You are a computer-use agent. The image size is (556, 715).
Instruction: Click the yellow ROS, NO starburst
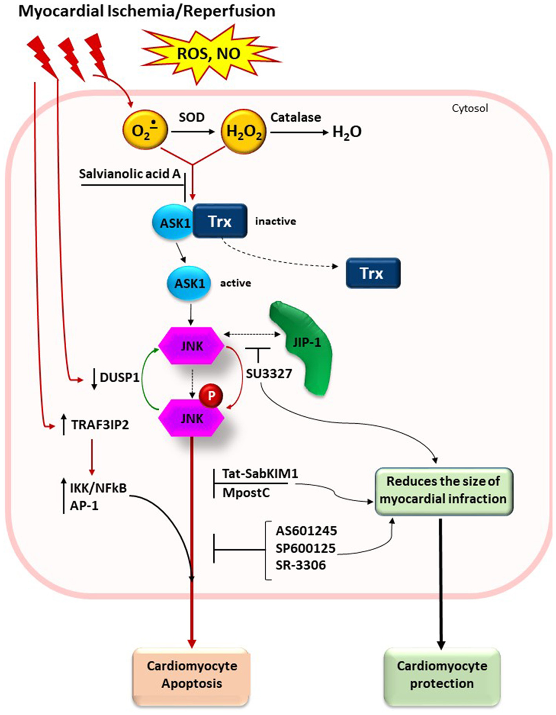click(x=209, y=54)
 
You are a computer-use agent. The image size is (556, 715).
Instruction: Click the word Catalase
click(x=295, y=117)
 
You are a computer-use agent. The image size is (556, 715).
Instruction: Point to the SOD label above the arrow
click(x=191, y=117)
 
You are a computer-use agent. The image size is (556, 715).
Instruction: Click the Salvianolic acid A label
click(x=129, y=174)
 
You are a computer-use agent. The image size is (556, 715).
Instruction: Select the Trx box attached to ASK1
click(x=220, y=221)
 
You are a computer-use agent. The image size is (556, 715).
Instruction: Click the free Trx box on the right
click(x=373, y=273)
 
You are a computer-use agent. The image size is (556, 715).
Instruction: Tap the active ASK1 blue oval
click(x=189, y=283)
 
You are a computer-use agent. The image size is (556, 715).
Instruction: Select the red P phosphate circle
click(x=211, y=396)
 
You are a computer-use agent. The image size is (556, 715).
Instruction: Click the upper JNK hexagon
click(x=191, y=346)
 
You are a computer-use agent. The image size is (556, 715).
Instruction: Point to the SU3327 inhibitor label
click(x=269, y=374)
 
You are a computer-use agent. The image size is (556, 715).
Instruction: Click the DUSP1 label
click(x=119, y=378)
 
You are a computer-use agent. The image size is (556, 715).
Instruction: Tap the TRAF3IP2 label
click(x=100, y=425)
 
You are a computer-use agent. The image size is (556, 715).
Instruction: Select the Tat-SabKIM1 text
click(x=260, y=473)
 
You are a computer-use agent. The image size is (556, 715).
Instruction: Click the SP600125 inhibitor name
click(x=306, y=548)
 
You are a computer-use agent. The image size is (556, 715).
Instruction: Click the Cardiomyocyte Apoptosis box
click(x=191, y=675)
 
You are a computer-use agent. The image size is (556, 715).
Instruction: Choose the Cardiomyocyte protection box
click(x=442, y=675)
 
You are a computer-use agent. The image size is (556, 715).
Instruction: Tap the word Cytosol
click(x=470, y=108)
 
